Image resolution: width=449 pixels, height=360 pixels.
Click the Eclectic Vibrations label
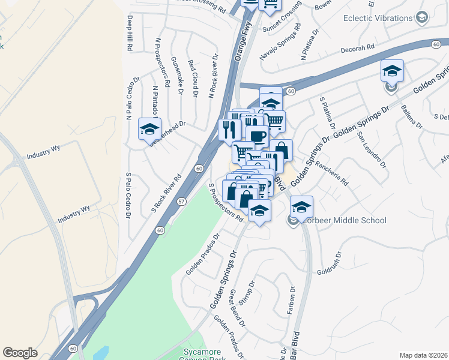click(378, 18)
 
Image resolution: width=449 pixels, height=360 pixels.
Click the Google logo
click(20, 353)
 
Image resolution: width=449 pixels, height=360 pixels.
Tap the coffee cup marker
click(257, 136)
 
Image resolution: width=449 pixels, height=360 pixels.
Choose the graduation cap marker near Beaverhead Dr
click(149, 128)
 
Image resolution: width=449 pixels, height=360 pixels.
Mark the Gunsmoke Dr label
click(177, 75)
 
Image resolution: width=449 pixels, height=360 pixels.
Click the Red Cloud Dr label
click(192, 78)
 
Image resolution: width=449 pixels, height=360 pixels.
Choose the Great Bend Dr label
click(238, 308)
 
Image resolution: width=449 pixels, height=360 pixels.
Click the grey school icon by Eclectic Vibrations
click(423, 18)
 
